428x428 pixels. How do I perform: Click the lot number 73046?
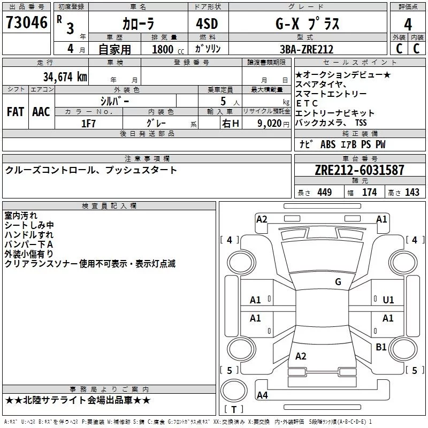27,22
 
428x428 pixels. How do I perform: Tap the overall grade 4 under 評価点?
408,25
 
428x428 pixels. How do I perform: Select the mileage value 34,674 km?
65,77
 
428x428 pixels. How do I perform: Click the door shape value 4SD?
207,24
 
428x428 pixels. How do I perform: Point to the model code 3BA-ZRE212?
307,49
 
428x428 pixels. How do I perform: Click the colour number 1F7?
88,124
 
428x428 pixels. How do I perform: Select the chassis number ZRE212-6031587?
360,170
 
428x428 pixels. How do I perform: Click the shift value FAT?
16,112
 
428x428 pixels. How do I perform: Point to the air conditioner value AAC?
41,112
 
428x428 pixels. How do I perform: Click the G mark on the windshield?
338,282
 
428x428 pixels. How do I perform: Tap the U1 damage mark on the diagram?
388,300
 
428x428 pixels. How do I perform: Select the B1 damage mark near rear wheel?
381,347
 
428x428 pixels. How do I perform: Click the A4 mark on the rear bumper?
262,395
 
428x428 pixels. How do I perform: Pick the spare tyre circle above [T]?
234,391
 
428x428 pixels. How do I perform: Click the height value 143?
412,192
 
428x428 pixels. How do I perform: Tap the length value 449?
325,192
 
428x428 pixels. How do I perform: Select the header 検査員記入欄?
109,206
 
